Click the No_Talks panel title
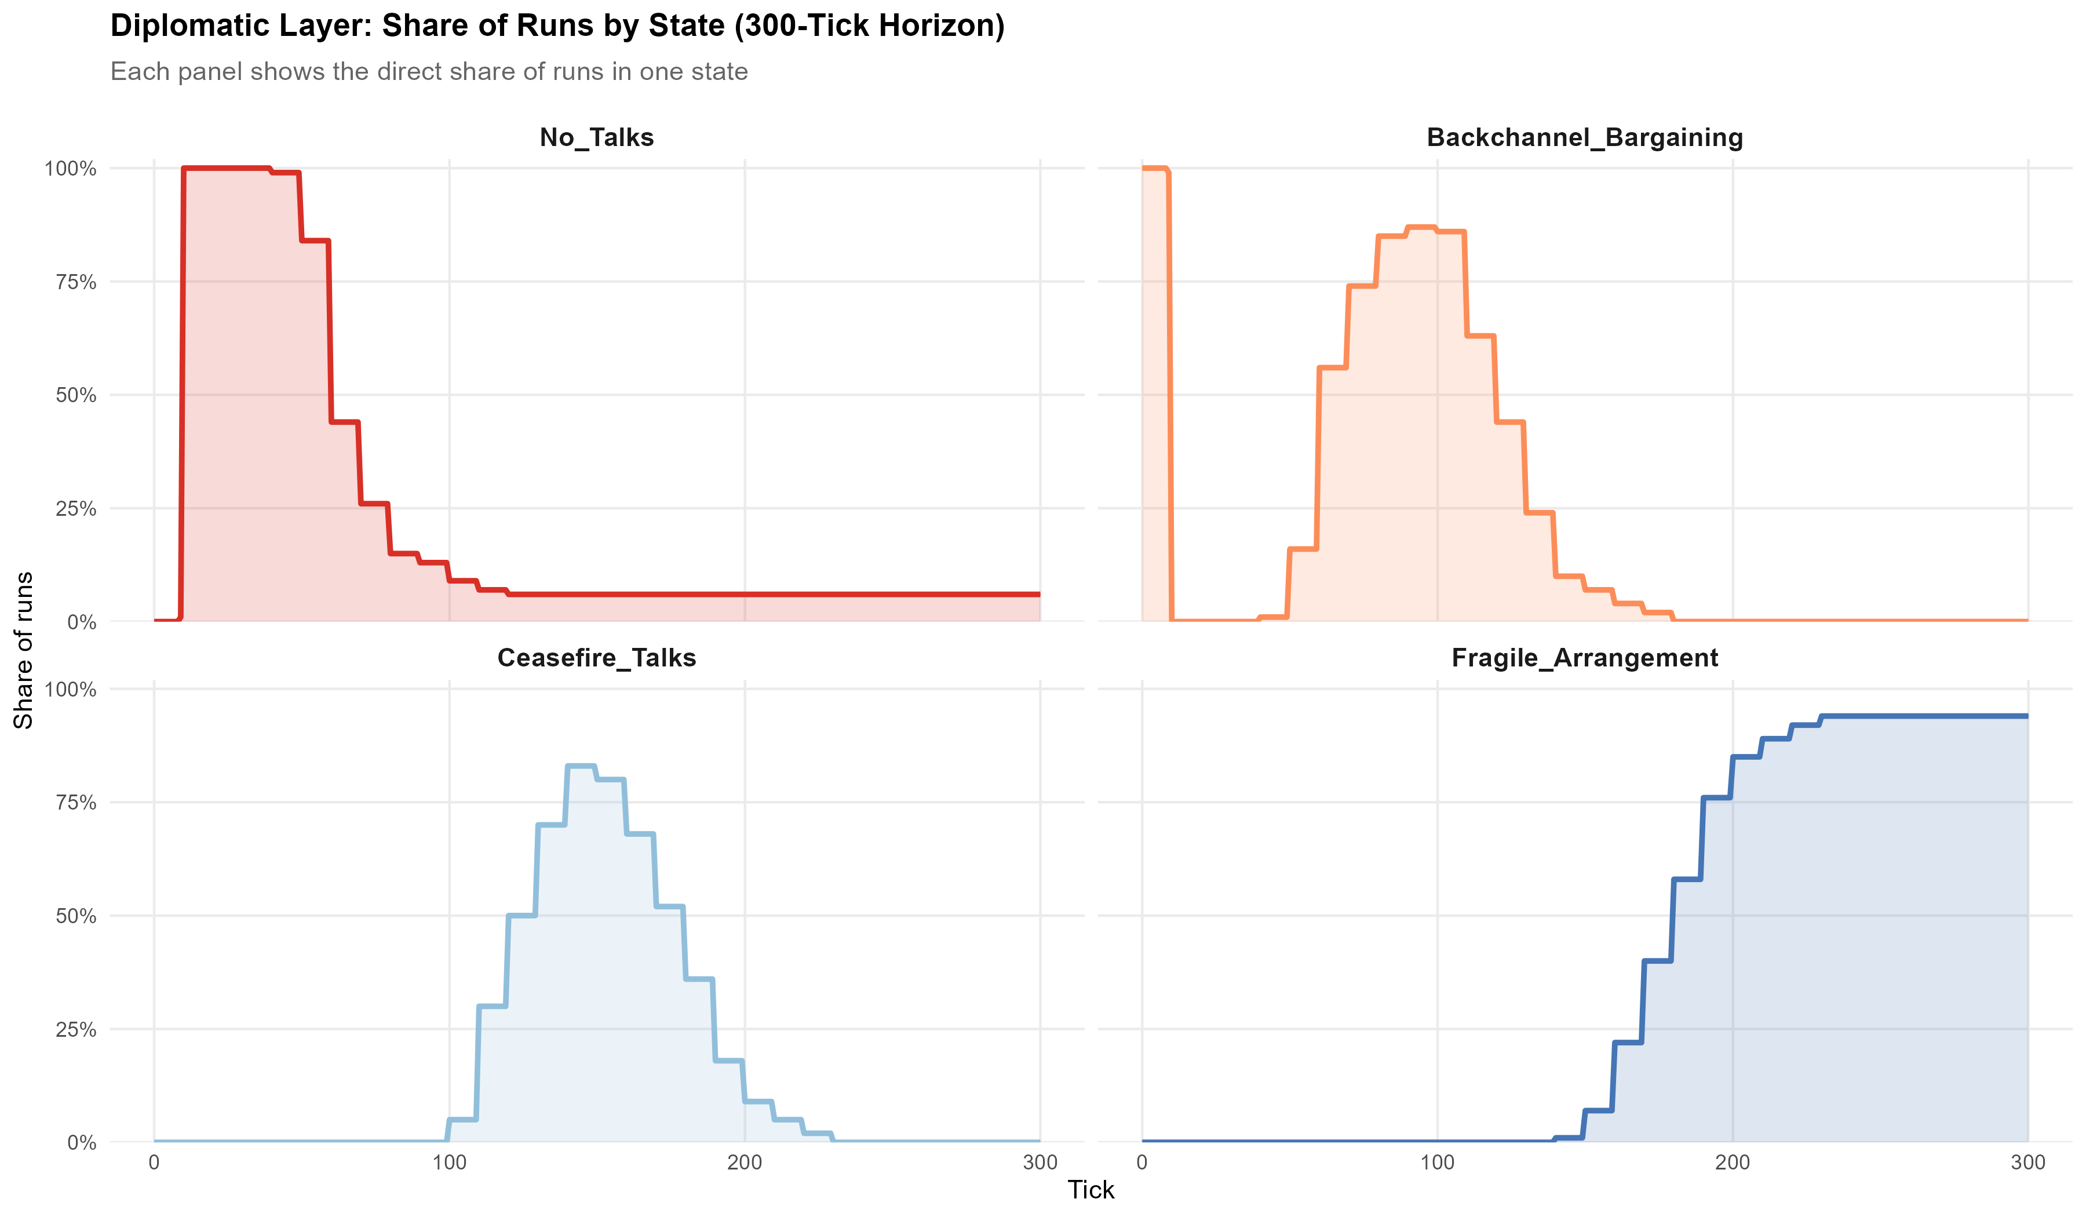click(596, 137)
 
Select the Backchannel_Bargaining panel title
click(1584, 137)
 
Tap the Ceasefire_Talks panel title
click(596, 658)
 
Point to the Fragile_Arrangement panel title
click(1584, 658)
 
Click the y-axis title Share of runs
click(24, 650)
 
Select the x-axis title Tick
click(1091, 1190)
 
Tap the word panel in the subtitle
click(210, 72)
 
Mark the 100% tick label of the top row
click(70, 169)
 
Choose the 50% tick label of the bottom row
click(75, 916)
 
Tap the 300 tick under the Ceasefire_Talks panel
click(1040, 1163)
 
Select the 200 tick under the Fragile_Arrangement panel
click(1733, 1163)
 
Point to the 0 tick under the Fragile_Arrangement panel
click(1142, 1163)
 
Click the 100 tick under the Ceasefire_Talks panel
click(450, 1163)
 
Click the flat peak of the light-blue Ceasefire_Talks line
click(580, 767)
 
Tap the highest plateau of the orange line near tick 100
click(1420, 227)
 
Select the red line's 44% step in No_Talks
click(344, 422)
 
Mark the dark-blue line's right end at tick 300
click(2026, 716)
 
